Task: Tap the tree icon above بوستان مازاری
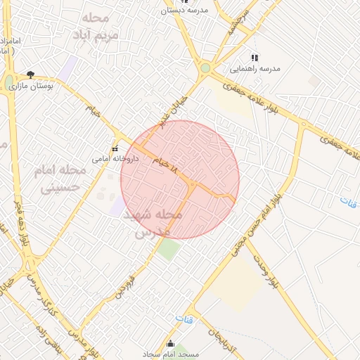pyautogui.click(x=30, y=74)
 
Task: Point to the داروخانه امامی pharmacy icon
pyautogui.click(x=115, y=148)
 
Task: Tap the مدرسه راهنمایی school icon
pyautogui.click(x=255, y=58)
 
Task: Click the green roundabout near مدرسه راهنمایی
pyautogui.click(x=205, y=69)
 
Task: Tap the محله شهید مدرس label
pyautogui.click(x=153, y=221)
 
